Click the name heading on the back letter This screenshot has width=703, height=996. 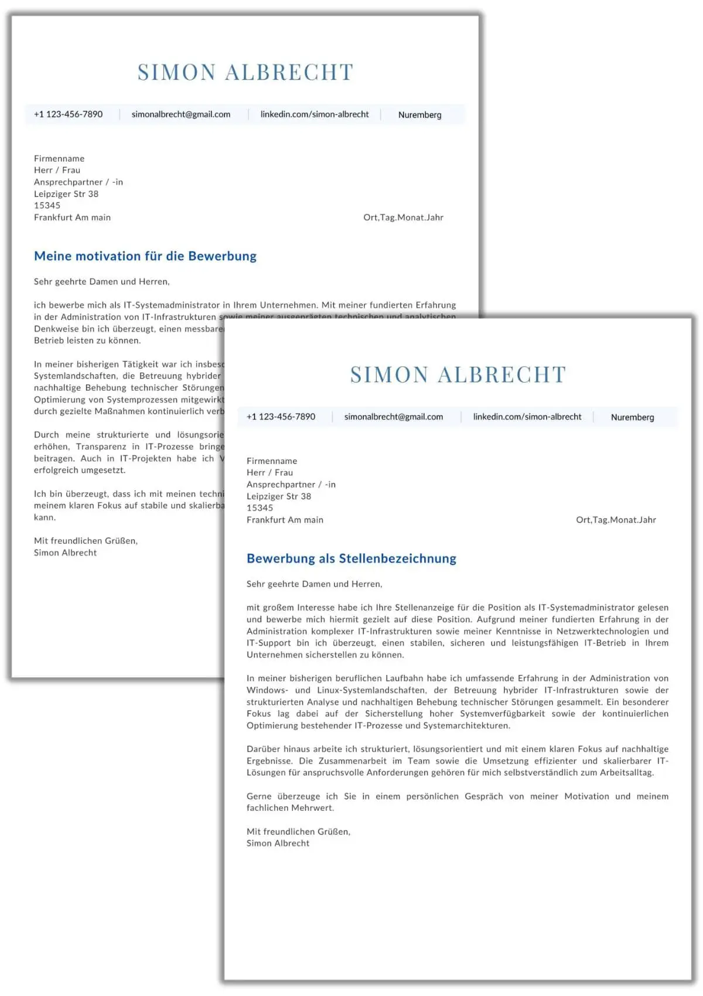pos(245,73)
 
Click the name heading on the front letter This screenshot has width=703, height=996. pos(458,375)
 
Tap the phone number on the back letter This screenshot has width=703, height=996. pos(68,114)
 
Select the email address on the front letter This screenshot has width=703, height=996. pos(394,417)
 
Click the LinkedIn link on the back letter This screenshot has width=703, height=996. pos(315,114)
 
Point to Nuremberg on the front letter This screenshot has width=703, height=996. pos(632,417)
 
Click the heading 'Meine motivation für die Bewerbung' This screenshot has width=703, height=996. pos(145,256)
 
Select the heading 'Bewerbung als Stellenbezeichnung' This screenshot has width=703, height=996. pos(351,558)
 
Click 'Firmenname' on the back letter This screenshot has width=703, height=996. pos(59,159)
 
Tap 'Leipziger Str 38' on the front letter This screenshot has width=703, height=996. pos(279,496)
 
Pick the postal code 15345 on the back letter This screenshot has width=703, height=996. pos(47,206)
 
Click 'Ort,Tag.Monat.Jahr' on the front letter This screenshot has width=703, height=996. pos(616,520)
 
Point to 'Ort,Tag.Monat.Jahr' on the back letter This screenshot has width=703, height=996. pos(403,217)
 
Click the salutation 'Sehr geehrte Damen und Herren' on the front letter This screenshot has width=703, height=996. pos(314,584)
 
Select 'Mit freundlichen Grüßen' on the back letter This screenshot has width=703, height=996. pos(86,541)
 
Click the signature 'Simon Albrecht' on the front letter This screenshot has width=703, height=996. pos(278,843)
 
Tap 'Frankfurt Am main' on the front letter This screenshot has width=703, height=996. pos(285,520)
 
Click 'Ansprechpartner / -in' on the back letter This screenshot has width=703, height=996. pos(79,182)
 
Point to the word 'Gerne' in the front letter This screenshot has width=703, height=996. pos(259,796)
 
